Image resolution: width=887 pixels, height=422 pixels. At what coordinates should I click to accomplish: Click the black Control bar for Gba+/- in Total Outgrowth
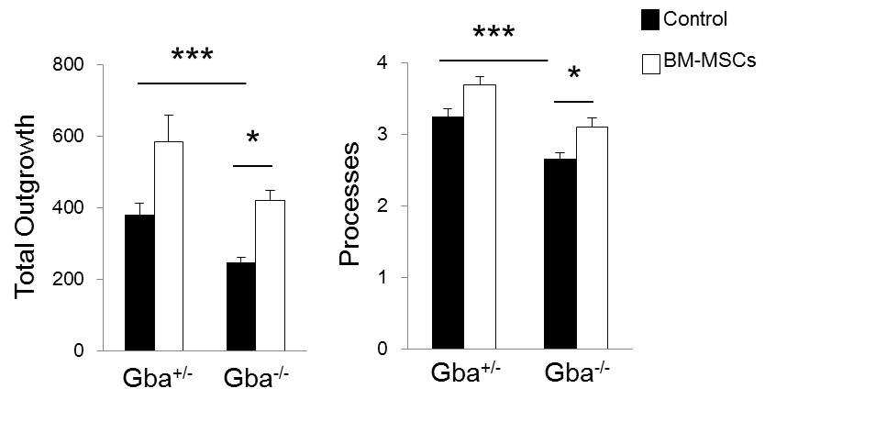[x=139, y=283]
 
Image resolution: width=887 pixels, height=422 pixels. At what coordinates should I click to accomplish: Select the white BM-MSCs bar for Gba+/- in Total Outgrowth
[x=169, y=246]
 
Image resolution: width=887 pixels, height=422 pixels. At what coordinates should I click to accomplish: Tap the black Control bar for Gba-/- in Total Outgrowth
[x=241, y=306]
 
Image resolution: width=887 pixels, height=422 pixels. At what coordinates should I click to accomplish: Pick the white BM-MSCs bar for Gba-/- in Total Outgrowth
[x=270, y=275]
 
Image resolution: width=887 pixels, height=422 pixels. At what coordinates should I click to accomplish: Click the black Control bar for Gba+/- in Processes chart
[x=448, y=232]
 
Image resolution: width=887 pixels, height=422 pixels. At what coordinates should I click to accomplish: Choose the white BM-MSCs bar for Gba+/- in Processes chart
[x=480, y=217]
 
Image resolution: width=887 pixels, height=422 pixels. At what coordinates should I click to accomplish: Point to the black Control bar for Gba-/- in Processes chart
[x=560, y=254]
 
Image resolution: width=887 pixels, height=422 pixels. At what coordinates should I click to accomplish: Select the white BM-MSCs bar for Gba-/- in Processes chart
[x=593, y=238]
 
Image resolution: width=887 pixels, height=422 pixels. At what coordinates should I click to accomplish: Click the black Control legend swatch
[x=650, y=20]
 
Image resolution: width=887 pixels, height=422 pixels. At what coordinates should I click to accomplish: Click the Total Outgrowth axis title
[x=26, y=207]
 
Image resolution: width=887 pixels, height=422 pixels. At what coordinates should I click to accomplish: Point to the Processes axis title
[x=349, y=205]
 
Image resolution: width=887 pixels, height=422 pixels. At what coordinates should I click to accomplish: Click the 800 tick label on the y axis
[x=70, y=65]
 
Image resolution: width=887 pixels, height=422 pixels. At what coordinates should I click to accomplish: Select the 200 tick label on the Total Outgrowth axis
[x=70, y=280]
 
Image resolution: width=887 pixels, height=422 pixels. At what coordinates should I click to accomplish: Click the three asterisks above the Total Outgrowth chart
[x=193, y=55]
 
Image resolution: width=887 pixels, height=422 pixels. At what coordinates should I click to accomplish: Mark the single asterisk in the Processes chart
[x=573, y=73]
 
